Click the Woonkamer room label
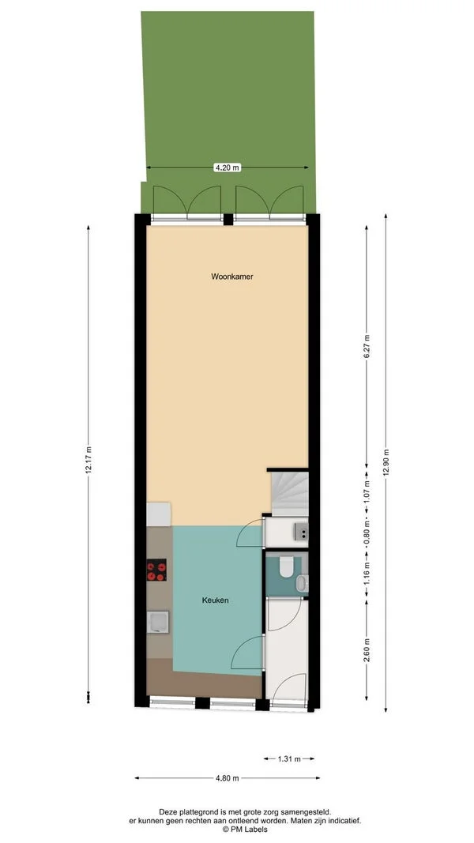231,277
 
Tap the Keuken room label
215,600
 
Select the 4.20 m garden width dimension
227,167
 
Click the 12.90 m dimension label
386,460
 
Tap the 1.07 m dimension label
367,493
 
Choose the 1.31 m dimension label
288,759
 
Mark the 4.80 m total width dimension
227,778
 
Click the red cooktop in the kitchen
156,570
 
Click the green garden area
228,87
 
